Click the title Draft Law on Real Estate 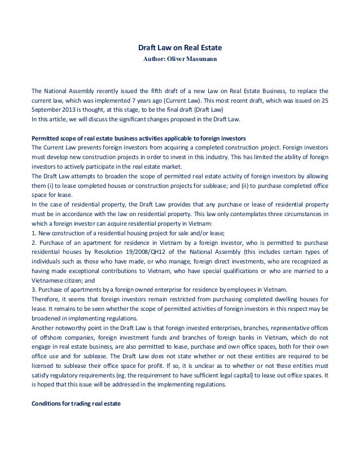tap(179, 47)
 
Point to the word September tap(48, 110)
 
